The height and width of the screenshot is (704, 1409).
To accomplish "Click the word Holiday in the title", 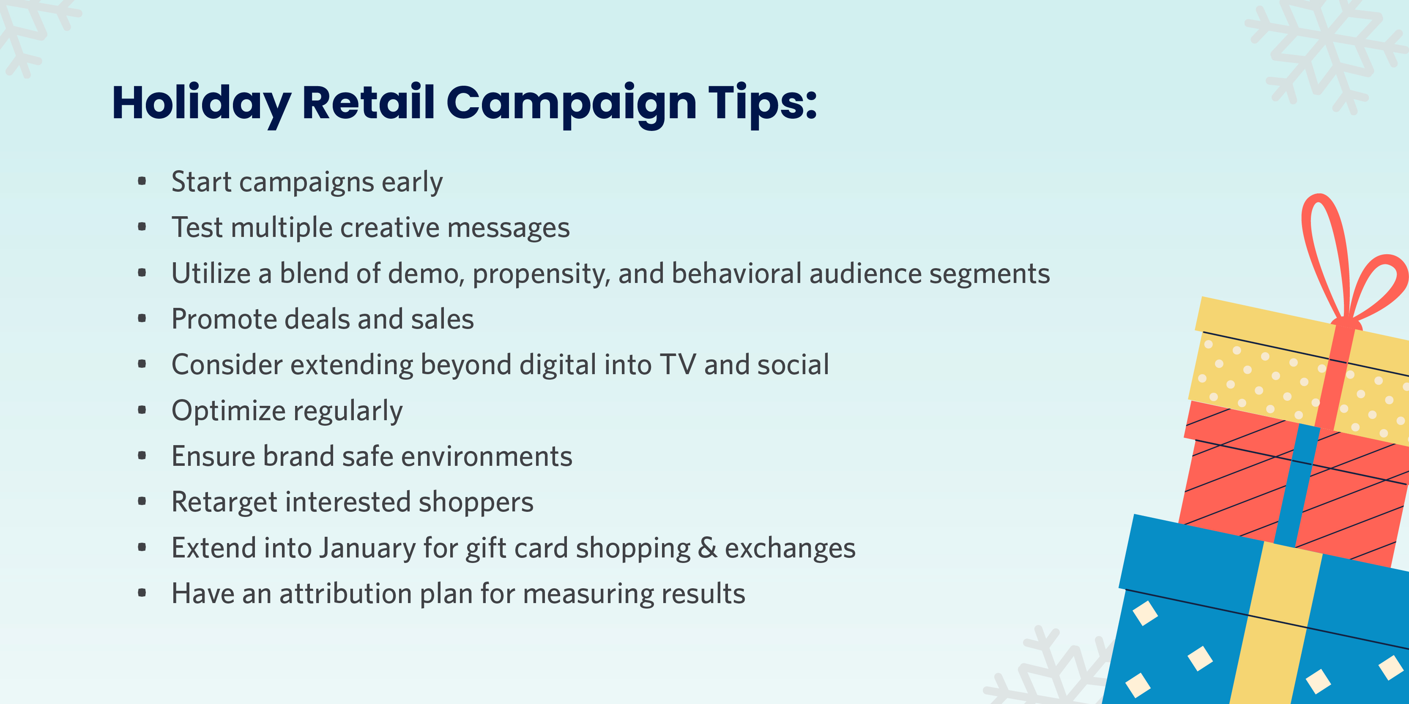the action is [x=201, y=104].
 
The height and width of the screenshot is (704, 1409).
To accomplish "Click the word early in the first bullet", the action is [x=412, y=182].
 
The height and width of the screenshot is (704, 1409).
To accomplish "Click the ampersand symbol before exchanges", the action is [x=707, y=548].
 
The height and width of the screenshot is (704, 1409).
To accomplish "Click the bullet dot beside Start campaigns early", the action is [x=142, y=181].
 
